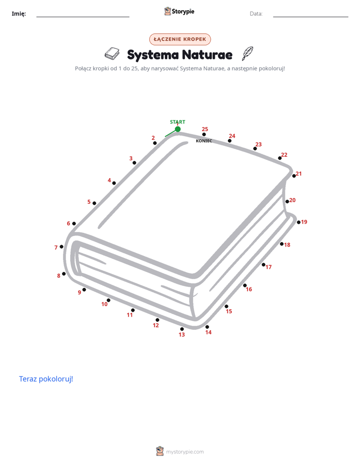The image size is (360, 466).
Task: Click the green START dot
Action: pos(177,129)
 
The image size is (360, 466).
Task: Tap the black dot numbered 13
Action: pos(182,329)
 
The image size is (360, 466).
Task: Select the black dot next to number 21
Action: pos(294,176)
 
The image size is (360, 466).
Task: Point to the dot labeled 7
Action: pos(62,247)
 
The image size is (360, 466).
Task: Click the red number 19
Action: pos(304,222)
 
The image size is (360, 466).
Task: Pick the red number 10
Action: pos(104,304)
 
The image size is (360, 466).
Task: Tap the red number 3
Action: pos(131,158)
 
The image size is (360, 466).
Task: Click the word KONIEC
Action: pos(204,141)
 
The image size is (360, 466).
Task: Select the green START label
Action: pos(177,122)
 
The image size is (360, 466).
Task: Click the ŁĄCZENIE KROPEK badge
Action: pos(180,39)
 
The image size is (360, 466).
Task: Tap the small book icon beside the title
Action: pos(112,53)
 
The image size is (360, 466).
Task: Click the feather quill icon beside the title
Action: pos(248,53)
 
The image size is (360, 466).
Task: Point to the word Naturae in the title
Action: pos(207,54)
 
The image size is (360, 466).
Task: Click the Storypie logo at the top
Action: pos(179,11)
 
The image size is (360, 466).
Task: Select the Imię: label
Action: pos(19,14)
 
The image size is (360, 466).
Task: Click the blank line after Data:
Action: pos(311,17)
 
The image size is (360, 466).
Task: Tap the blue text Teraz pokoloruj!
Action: pos(46,379)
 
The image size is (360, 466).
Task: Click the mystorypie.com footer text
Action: pos(185,452)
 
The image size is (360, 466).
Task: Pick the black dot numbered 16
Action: pos(245,285)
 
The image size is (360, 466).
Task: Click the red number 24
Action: pos(232,136)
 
